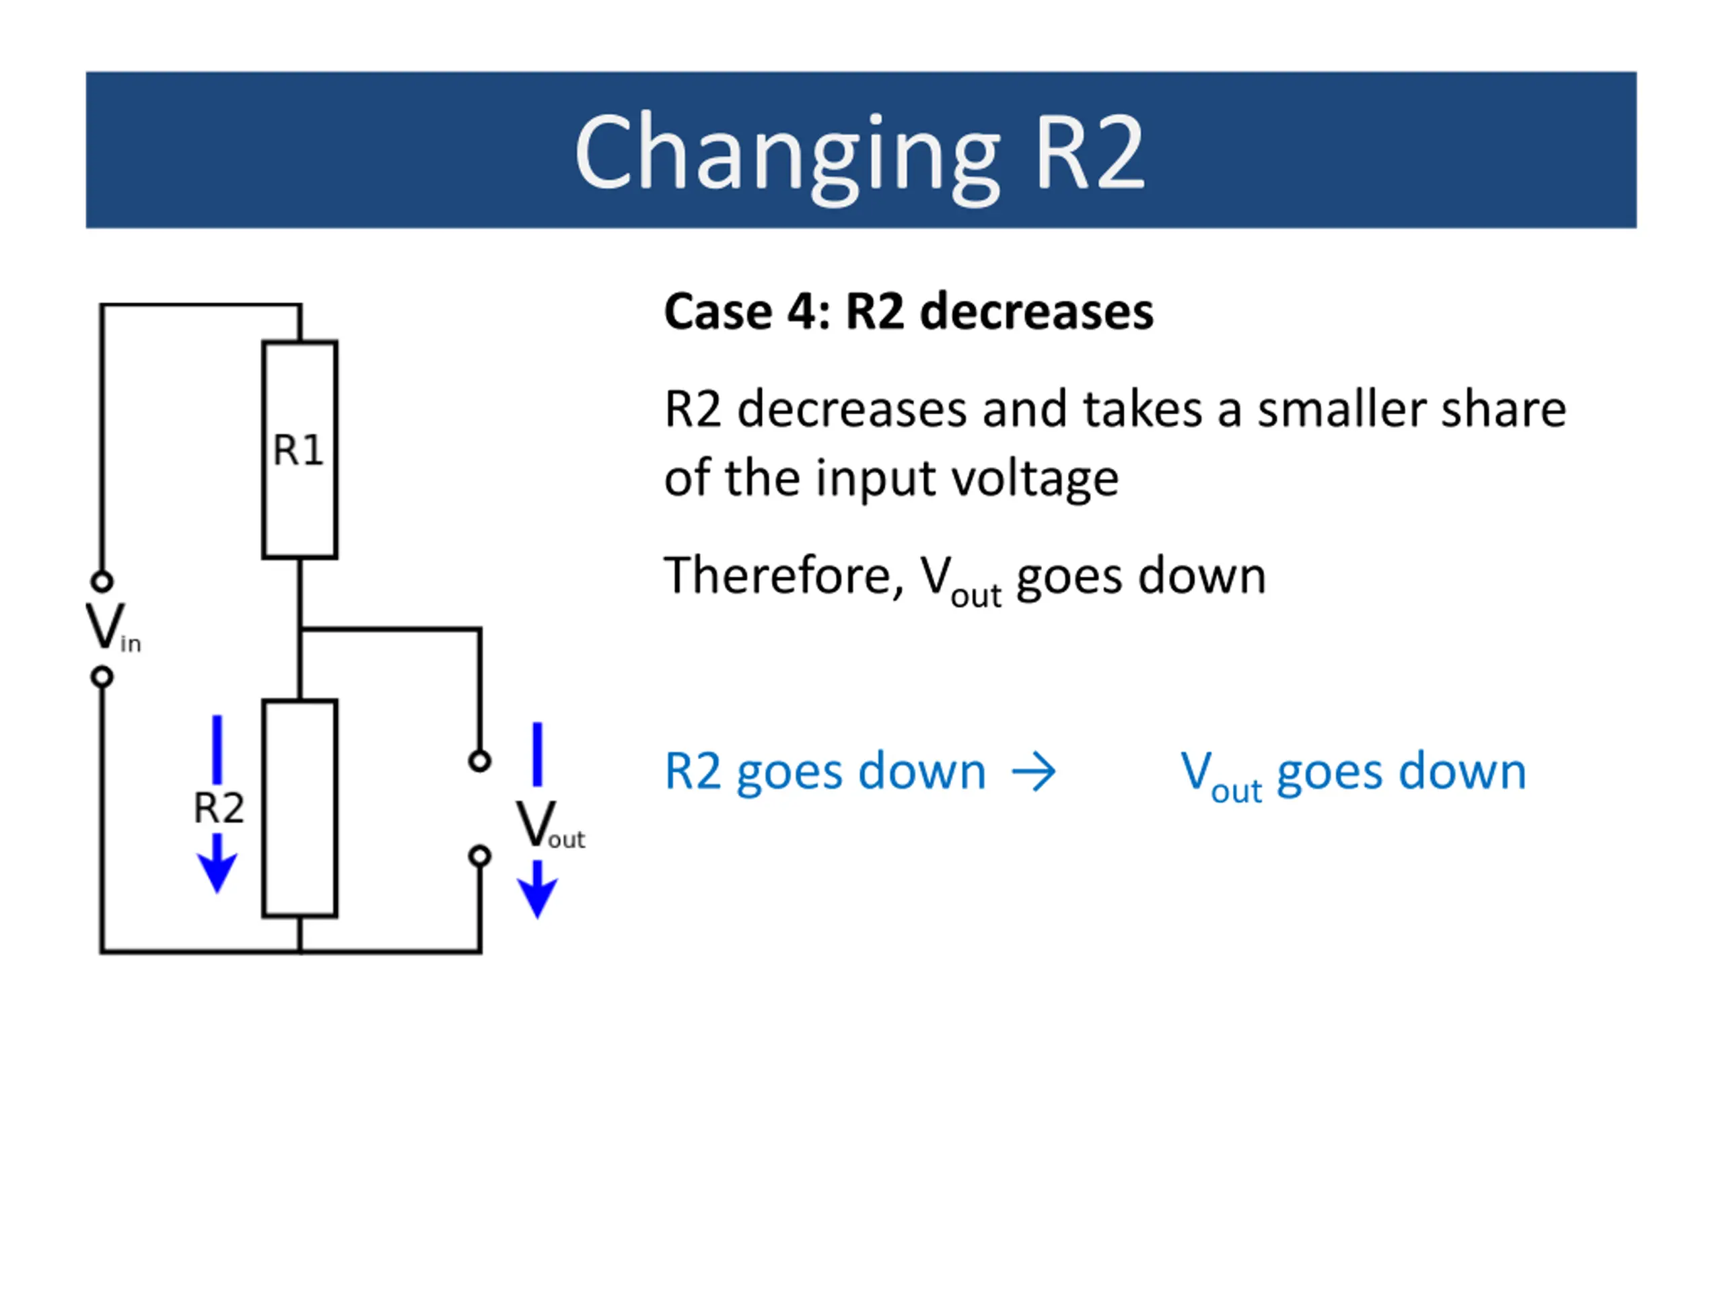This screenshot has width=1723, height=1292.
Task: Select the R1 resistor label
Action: [298, 450]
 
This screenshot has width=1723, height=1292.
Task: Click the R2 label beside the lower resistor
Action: [219, 808]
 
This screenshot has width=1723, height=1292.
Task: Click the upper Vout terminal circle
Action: [480, 761]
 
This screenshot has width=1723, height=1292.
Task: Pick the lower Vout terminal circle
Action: [480, 857]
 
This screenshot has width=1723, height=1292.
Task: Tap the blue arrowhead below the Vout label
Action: [538, 899]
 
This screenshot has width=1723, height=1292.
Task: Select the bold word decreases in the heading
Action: [1036, 312]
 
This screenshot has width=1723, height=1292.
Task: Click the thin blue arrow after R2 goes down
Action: [1034, 773]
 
